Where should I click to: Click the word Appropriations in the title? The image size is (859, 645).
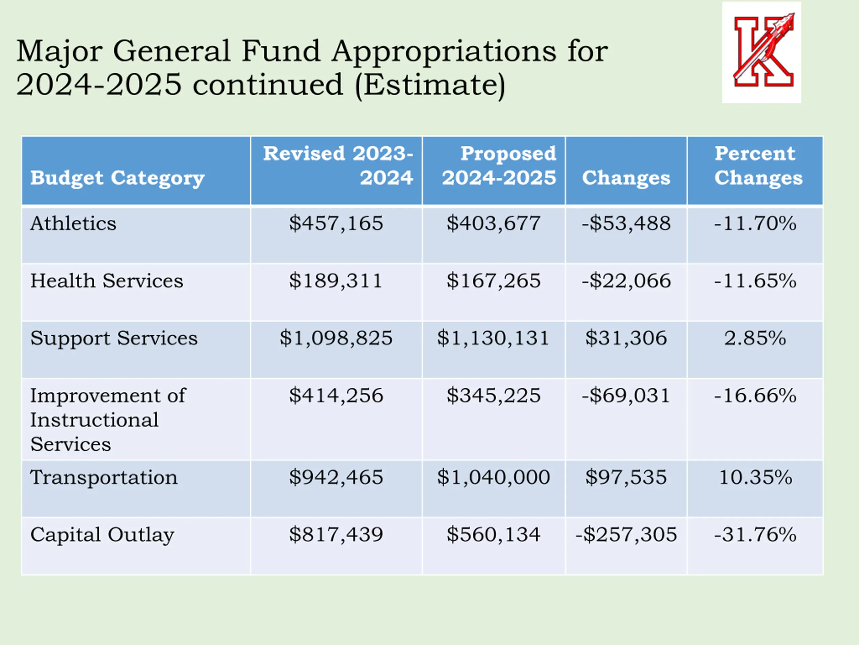tap(444, 51)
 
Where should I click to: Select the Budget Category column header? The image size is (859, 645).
tap(117, 178)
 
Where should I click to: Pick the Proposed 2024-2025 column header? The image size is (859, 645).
tap(499, 166)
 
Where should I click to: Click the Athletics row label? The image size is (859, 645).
tap(73, 223)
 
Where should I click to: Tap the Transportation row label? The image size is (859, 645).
tap(104, 477)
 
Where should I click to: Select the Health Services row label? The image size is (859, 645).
tap(107, 281)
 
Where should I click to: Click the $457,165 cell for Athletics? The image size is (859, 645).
tap(336, 223)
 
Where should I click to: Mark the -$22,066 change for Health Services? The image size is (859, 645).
tap(626, 281)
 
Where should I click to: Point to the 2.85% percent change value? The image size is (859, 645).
tap(755, 338)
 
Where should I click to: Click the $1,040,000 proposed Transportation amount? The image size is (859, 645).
tap(494, 477)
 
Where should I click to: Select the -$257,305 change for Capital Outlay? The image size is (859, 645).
tap(626, 534)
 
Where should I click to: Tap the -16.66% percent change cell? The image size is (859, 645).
tap(755, 396)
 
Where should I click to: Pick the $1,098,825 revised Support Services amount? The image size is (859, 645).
tap(336, 338)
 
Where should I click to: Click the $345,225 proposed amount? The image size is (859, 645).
tap(494, 396)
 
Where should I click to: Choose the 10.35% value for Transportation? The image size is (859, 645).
tap(755, 477)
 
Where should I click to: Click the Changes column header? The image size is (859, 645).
tap(626, 178)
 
